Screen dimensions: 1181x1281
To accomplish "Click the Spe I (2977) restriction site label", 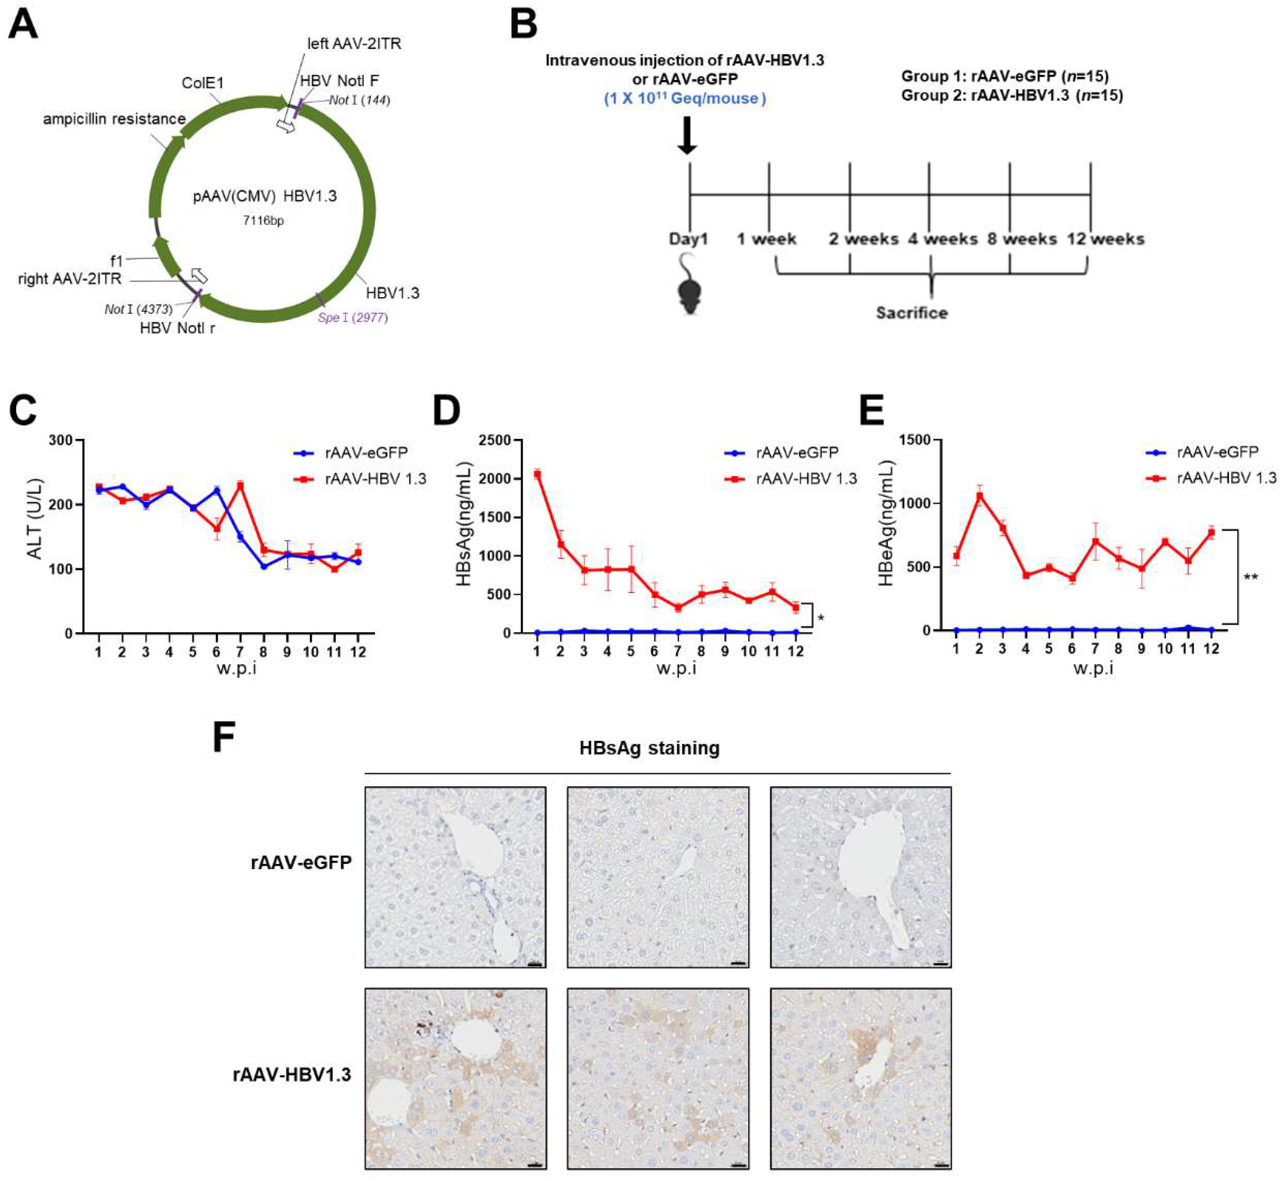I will pyautogui.click(x=352, y=318).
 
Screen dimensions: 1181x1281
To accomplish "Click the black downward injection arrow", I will pyautogui.click(x=687, y=136).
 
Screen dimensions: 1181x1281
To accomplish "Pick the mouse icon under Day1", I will pyautogui.click(x=689, y=283).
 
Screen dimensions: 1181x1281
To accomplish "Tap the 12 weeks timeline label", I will pyautogui.click(x=1106, y=239).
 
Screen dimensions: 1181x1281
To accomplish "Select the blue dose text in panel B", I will pyautogui.click(x=685, y=99).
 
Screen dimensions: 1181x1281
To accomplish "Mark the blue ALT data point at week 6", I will pyautogui.click(x=217, y=490).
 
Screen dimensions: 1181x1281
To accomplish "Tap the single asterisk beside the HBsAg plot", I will pyautogui.click(x=821, y=618).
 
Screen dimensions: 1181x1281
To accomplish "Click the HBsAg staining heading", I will pyautogui.click(x=649, y=748).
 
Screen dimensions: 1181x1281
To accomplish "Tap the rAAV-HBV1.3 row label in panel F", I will pyautogui.click(x=292, y=1075).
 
